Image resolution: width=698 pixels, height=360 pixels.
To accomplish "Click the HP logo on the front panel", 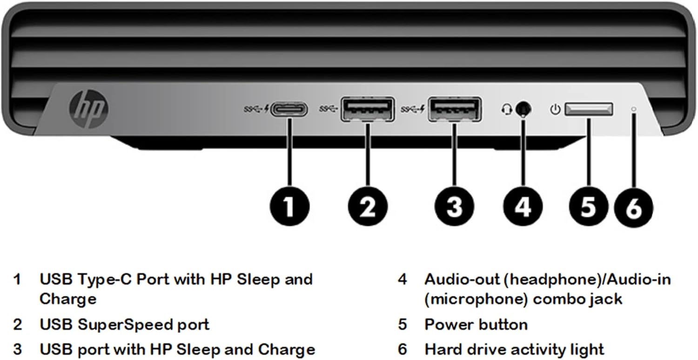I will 88,109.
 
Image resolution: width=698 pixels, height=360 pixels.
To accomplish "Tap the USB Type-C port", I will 289,110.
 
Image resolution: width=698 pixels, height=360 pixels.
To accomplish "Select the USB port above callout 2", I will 368,109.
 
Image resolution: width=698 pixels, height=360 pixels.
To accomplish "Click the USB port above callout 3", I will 455,109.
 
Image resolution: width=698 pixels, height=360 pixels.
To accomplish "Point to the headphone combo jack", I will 524,109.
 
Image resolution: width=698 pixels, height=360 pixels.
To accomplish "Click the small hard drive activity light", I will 633,110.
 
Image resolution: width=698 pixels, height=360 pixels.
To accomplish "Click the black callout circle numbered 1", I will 289,207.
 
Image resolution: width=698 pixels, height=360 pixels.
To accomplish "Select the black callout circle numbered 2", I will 368,207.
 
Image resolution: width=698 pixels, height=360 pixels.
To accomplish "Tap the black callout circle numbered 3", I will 455,207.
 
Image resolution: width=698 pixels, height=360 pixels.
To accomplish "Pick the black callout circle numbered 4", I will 523,207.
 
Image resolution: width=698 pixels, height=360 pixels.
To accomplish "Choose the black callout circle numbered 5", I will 588,207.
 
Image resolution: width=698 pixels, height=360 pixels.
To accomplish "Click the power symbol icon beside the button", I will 554,110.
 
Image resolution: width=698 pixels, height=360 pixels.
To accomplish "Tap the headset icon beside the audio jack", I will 506,110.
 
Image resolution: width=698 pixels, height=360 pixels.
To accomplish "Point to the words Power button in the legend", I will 476,325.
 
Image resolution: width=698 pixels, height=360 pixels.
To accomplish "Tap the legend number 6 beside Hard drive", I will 403,349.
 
